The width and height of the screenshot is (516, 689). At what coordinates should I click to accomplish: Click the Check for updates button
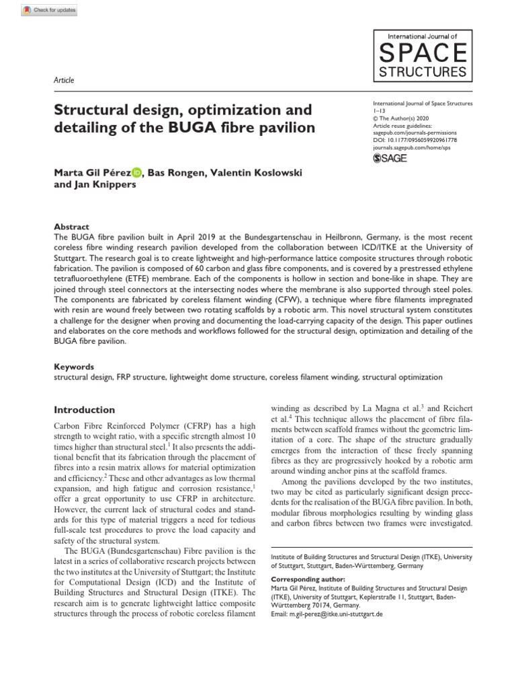(x=50, y=10)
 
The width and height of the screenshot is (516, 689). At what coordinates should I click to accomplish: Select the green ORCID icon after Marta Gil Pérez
(x=137, y=172)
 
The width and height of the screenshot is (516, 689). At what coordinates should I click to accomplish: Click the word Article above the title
(x=63, y=80)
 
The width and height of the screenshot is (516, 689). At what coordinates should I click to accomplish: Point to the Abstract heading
(x=71, y=227)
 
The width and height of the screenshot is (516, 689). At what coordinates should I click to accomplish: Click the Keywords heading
(x=74, y=367)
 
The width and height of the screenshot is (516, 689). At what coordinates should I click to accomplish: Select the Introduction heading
(x=84, y=410)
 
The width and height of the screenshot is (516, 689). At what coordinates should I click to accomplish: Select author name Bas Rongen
(x=177, y=172)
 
